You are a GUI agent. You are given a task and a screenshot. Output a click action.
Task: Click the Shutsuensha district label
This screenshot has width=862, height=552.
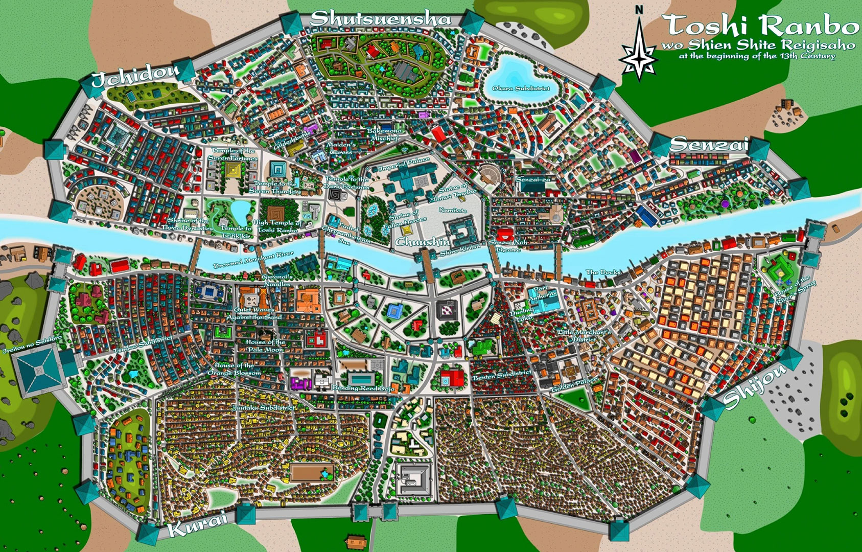[381, 19]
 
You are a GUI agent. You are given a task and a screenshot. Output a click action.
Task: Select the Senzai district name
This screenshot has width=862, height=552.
[708, 145]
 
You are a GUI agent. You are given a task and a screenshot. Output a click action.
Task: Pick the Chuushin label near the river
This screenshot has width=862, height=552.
[423, 241]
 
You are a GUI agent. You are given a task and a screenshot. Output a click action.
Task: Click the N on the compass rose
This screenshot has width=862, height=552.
[638, 10]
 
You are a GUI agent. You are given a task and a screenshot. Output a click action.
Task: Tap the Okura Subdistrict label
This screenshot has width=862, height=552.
[521, 88]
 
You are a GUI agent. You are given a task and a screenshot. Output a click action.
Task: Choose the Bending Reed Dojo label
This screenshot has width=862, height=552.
[363, 388]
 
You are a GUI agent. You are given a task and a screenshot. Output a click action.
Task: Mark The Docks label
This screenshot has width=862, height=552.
[602, 272]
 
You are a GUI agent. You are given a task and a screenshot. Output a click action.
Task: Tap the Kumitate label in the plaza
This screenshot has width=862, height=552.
[453, 210]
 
